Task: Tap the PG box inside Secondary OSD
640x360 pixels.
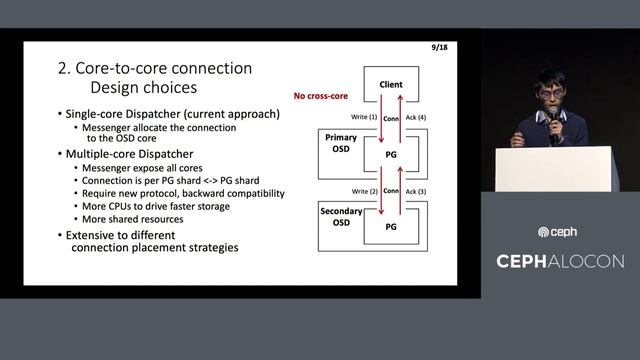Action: point(391,228)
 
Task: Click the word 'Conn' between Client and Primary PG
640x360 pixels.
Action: point(391,119)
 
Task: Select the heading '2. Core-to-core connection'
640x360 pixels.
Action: point(155,68)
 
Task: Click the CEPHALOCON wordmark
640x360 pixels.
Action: point(560,261)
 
